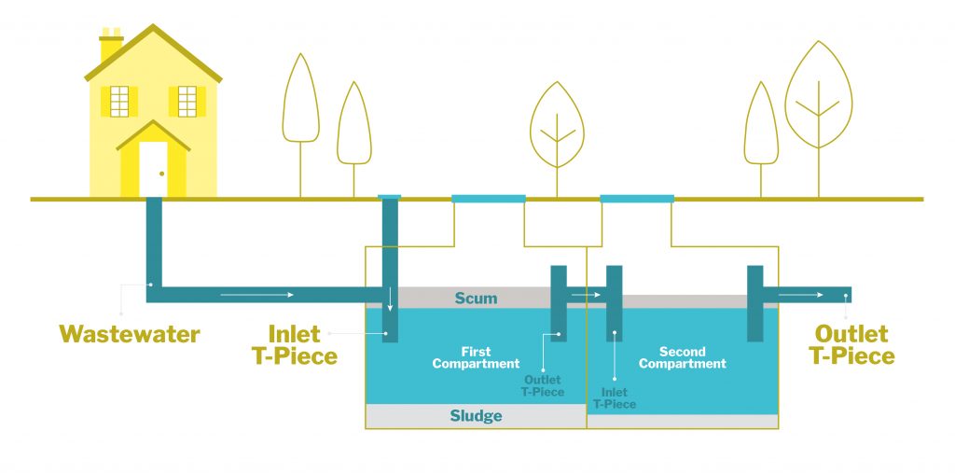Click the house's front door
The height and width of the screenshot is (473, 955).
[x=153, y=169]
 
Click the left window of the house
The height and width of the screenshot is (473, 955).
[x=119, y=101]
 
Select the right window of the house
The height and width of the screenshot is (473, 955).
[x=187, y=101]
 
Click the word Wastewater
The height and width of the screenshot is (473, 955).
[x=130, y=334]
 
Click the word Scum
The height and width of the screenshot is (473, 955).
[x=476, y=299]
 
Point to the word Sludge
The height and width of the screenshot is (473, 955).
[x=476, y=416]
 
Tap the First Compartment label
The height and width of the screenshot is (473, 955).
[x=476, y=358]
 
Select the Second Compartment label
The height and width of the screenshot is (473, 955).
[x=682, y=358]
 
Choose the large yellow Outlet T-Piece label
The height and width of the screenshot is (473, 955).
[x=851, y=344]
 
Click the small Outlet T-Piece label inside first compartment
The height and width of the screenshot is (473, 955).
[x=543, y=386]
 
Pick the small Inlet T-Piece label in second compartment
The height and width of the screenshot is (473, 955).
[x=615, y=398]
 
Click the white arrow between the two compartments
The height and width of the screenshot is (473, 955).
[x=586, y=295]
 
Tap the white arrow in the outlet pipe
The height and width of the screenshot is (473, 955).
[x=800, y=295]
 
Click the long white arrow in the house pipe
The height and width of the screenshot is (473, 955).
[x=256, y=295]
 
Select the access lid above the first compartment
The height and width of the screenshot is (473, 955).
[x=488, y=199]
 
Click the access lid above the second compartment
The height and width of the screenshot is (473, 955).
[x=637, y=199]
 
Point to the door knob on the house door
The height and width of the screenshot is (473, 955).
[x=161, y=174]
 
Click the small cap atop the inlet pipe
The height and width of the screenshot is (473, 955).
[x=390, y=196]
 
